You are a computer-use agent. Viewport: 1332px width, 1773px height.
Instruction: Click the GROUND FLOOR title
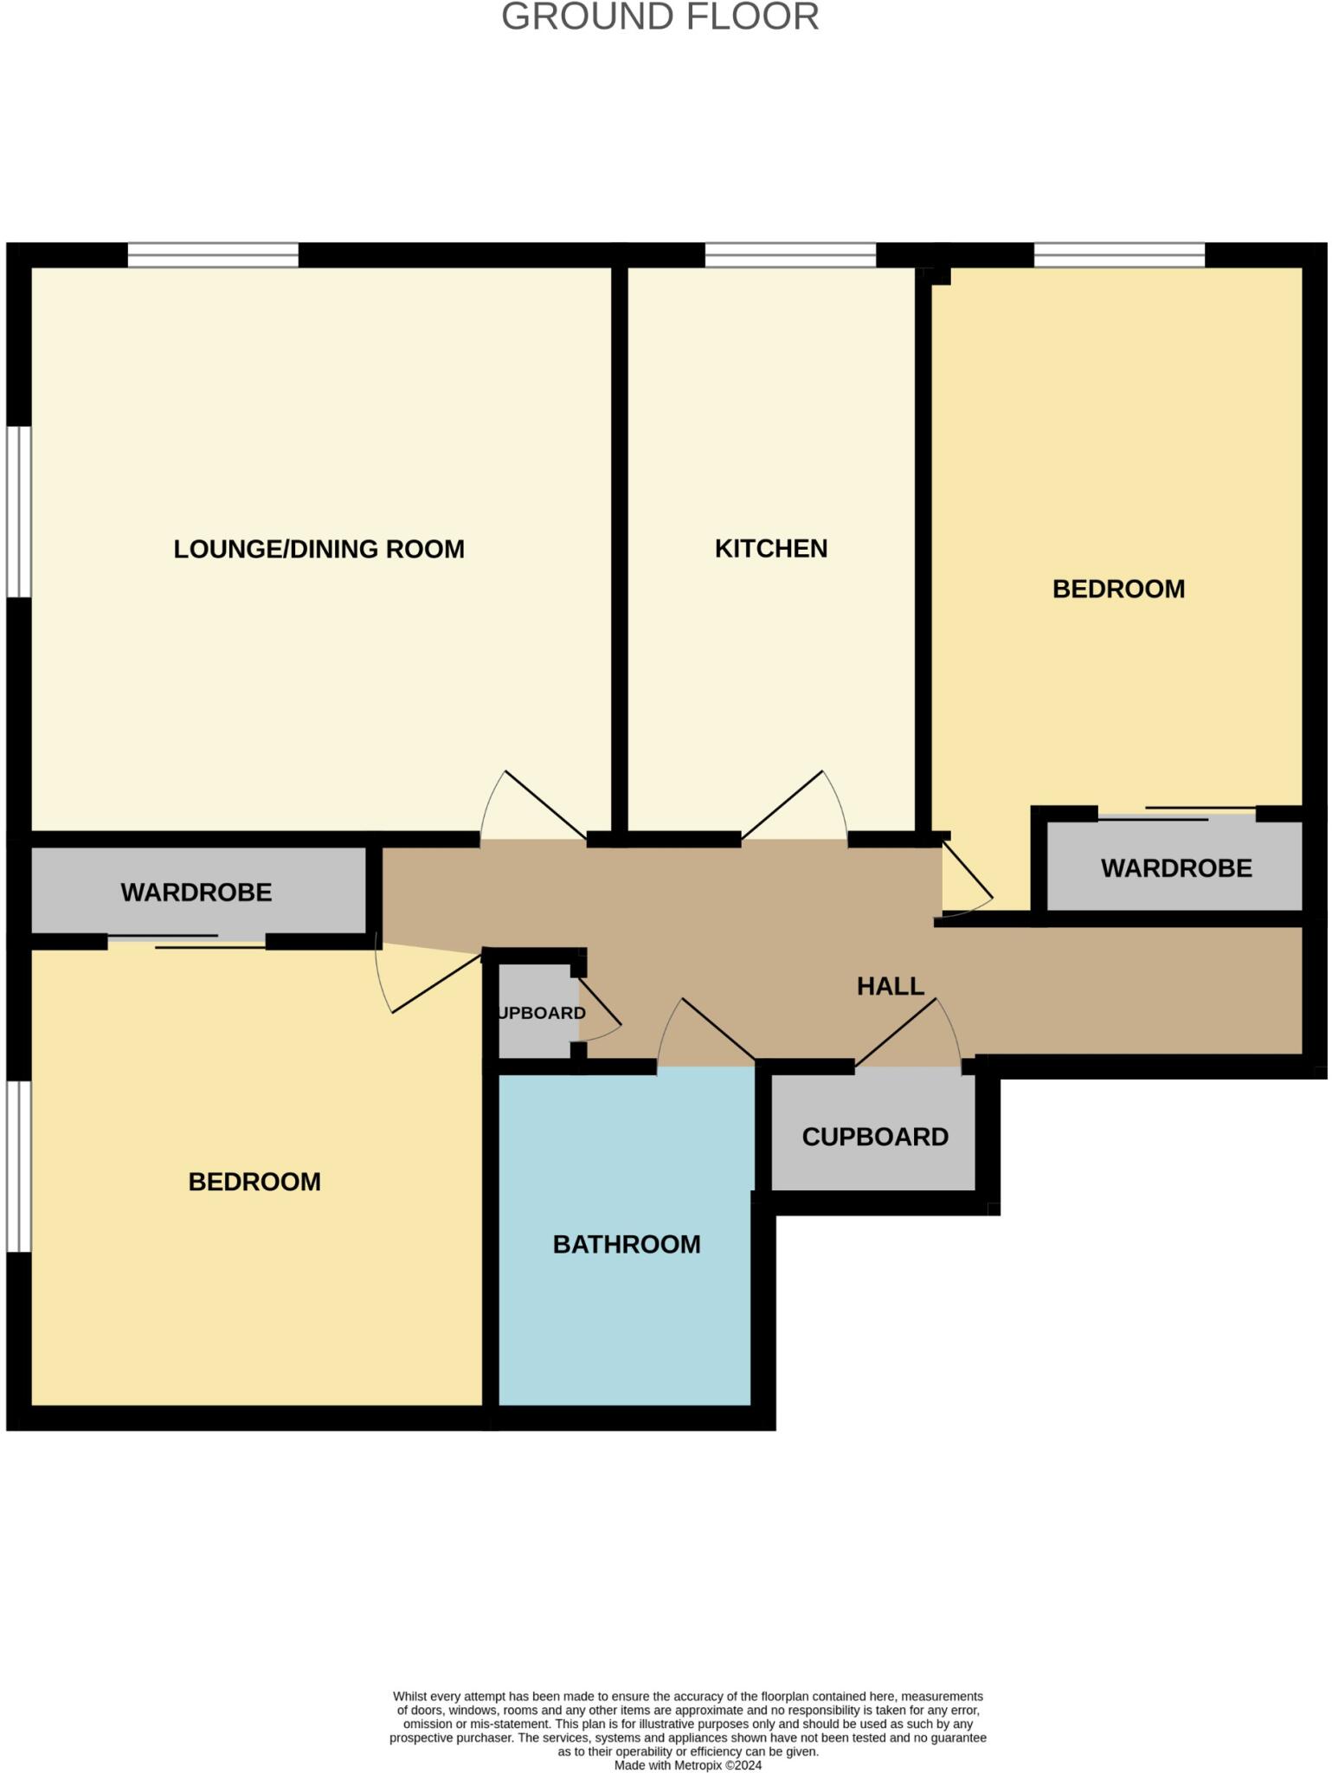point(660,17)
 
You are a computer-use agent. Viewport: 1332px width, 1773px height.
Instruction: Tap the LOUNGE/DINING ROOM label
point(319,549)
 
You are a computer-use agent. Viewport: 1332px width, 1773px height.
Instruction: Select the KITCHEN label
point(770,549)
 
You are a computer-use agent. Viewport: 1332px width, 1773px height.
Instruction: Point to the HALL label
point(890,986)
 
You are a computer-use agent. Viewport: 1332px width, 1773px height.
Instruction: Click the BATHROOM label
point(626,1244)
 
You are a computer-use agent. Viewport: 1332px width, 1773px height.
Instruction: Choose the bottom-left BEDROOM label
point(254,1182)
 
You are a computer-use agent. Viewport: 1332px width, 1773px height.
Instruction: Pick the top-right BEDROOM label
point(1118,589)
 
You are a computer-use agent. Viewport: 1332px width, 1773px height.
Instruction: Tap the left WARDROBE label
point(196,893)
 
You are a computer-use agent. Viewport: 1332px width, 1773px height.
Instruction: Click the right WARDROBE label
point(1175,868)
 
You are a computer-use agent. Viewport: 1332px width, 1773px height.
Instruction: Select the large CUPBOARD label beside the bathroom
point(874,1137)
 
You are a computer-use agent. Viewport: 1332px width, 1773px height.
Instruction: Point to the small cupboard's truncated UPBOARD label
point(543,1013)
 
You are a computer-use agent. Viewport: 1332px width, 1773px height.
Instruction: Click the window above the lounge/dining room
point(213,255)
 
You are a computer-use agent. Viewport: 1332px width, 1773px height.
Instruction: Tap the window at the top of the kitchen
point(790,255)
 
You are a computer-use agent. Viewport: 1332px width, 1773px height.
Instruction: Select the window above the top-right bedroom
point(1119,255)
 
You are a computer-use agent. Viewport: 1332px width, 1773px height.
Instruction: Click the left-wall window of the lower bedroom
point(19,1165)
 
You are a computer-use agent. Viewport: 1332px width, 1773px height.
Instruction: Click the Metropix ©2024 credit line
point(687,1765)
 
